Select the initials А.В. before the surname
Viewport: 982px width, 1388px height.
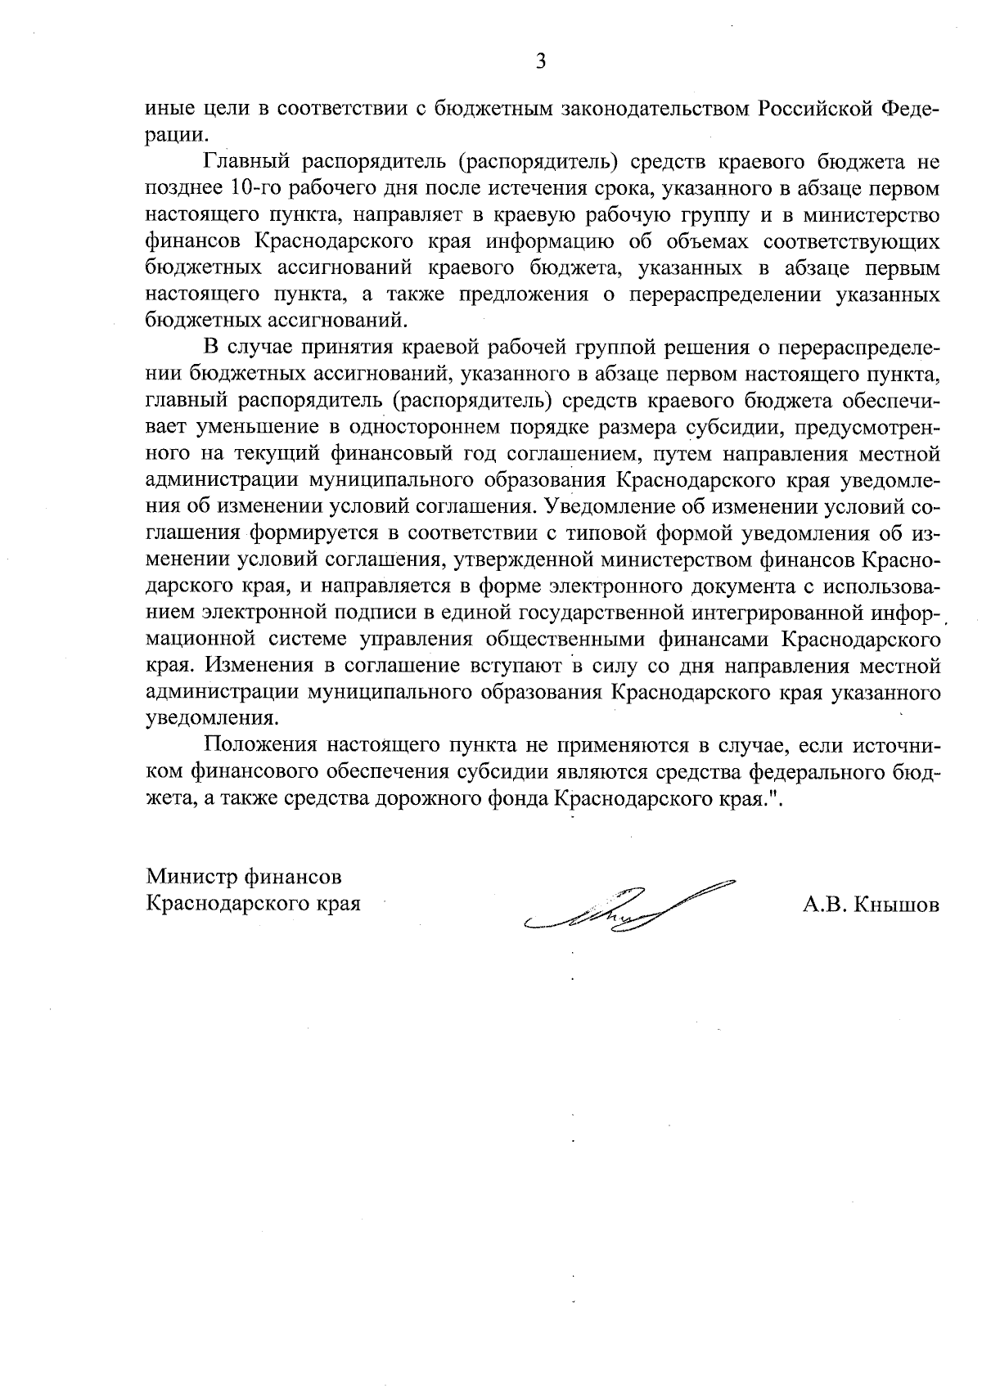click(822, 905)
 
